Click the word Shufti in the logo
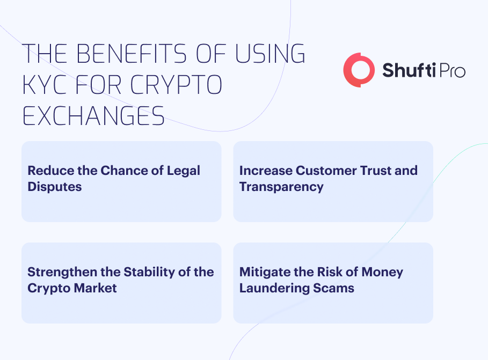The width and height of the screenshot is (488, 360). [409, 70]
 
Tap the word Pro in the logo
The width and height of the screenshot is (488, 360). [453, 71]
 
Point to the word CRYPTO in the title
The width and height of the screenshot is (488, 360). [176, 84]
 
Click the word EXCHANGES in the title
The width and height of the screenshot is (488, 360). [93, 116]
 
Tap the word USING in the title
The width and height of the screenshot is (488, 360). [270, 54]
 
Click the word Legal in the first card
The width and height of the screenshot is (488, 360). [183, 171]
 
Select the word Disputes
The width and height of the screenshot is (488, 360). [55, 187]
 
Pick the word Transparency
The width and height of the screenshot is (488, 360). [281, 187]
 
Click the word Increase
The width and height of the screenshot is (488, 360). [266, 171]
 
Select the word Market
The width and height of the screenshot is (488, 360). [95, 288]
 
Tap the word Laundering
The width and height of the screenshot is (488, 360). [274, 289]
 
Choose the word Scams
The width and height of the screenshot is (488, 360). [333, 288]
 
